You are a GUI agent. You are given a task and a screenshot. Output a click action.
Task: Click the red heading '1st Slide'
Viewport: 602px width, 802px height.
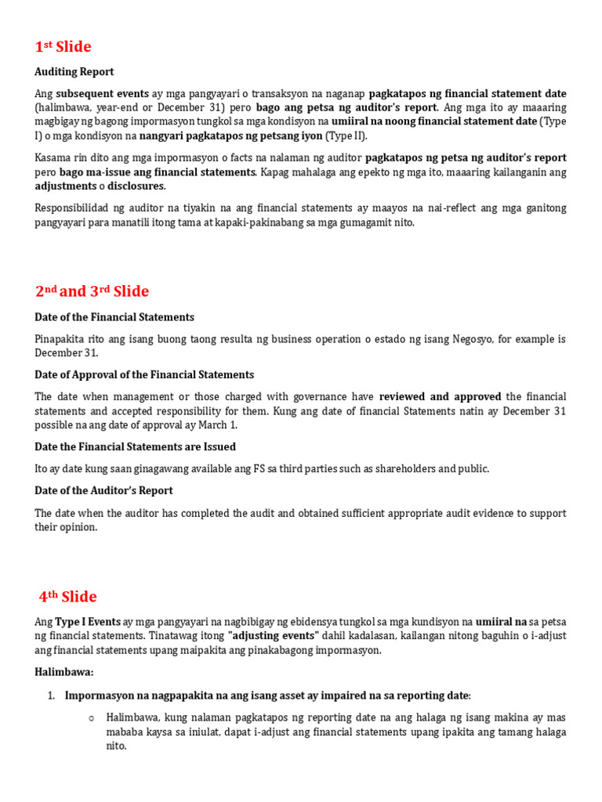point(63,47)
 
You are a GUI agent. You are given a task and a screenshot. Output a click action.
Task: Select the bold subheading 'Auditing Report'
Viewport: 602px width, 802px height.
point(74,72)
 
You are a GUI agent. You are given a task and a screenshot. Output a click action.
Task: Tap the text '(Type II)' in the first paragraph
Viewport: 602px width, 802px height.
point(346,136)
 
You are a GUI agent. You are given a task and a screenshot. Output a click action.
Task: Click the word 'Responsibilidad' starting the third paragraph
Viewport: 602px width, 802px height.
point(73,208)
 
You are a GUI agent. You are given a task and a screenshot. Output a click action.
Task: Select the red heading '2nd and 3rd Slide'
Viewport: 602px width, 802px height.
point(92,291)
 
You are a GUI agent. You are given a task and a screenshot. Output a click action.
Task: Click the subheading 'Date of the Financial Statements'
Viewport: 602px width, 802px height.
point(114,317)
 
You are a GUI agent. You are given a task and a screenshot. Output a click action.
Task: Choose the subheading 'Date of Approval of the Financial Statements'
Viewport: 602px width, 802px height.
point(144,375)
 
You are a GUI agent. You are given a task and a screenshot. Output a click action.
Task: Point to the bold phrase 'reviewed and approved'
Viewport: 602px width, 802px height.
point(440,397)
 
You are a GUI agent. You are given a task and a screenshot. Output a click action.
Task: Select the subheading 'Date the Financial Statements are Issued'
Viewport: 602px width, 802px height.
point(135,447)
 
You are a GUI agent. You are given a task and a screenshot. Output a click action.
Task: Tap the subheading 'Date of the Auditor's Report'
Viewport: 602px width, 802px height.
point(103,491)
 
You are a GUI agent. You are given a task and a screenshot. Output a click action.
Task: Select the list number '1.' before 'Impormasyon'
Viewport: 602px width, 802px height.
point(50,695)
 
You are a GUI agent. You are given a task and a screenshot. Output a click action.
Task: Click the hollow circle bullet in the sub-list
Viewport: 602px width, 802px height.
point(92,718)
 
